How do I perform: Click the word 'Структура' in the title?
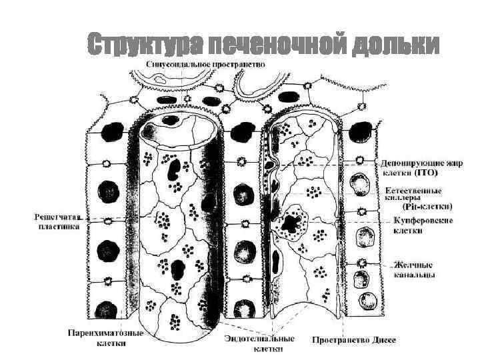(x=144, y=45)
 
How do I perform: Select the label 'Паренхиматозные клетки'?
(x=105, y=337)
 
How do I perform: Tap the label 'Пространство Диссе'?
(x=354, y=340)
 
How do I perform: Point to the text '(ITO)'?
(x=426, y=173)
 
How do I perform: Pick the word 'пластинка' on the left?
(x=58, y=227)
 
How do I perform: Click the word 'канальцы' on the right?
(x=415, y=275)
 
